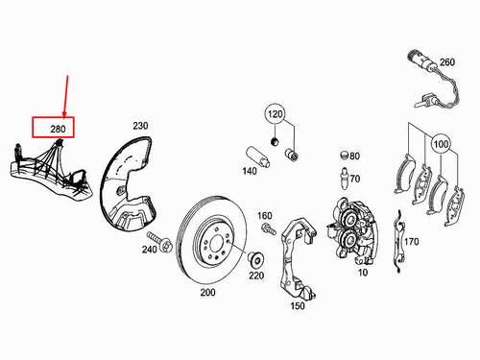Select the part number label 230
pyautogui.click(x=140, y=126)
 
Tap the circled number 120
pyautogui.click(x=276, y=114)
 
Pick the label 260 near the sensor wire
pyautogui.click(x=445, y=63)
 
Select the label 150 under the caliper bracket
pyautogui.click(x=297, y=305)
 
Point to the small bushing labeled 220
pyautogui.click(x=256, y=259)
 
